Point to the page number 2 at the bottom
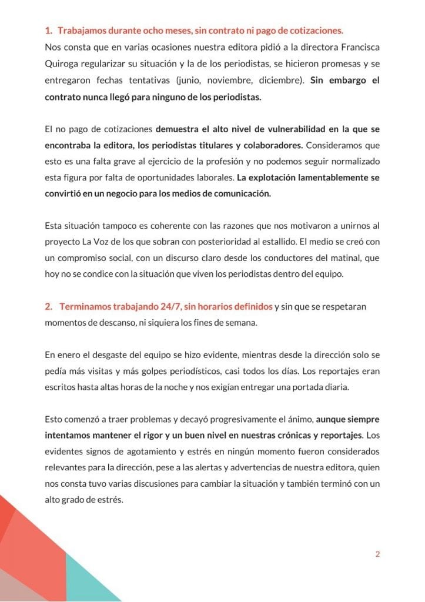click(377, 554)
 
